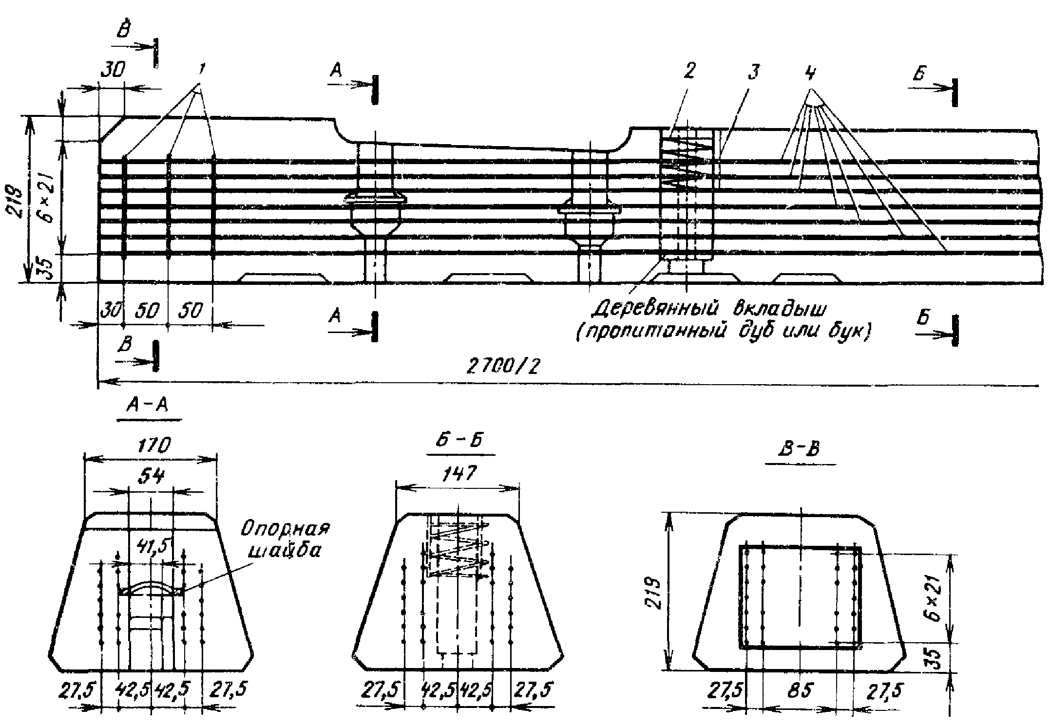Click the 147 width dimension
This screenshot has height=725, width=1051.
point(460,473)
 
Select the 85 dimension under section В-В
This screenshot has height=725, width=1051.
point(800,690)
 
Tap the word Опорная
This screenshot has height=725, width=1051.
point(286,529)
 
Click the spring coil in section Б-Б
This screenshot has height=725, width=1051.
point(458,550)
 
